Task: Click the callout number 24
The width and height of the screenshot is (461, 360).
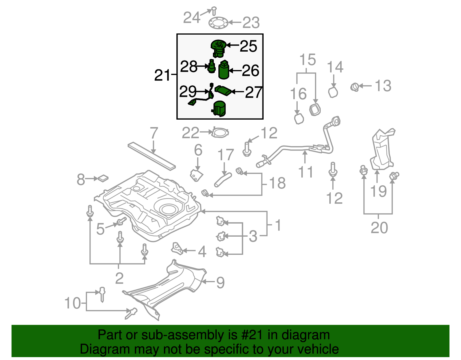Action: pyautogui.click(x=192, y=18)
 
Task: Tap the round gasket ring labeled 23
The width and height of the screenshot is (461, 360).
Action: pyautogui.click(x=218, y=23)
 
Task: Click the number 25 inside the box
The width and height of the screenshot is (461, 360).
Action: pyautogui.click(x=248, y=46)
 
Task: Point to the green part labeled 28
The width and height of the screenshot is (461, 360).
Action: pyautogui.click(x=212, y=67)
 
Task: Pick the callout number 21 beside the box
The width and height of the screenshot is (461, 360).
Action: pyautogui.click(x=163, y=75)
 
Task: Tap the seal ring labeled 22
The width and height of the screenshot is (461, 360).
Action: pyautogui.click(x=220, y=133)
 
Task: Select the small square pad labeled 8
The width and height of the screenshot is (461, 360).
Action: pyautogui.click(x=103, y=178)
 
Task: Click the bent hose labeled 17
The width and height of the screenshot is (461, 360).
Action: pyautogui.click(x=222, y=179)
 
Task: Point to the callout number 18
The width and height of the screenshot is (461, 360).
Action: pyautogui.click(x=277, y=183)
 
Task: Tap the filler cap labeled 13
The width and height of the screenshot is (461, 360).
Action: pyautogui.click(x=355, y=86)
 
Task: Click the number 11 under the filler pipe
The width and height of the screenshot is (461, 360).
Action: pyautogui.click(x=305, y=172)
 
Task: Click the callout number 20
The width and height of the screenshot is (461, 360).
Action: pyautogui.click(x=379, y=228)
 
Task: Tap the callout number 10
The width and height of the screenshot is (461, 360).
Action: pyautogui.click(x=73, y=303)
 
